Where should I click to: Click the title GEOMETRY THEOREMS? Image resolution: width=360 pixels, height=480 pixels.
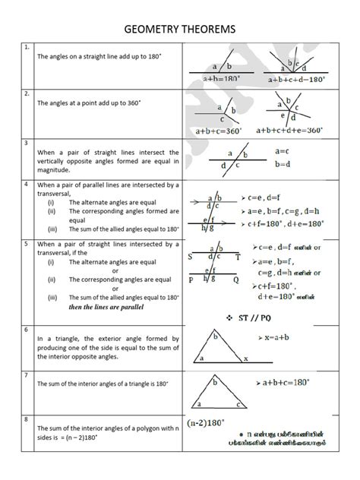[180, 29]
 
